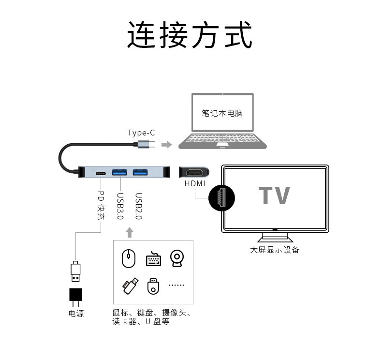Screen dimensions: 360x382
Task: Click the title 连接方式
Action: (x=190, y=35)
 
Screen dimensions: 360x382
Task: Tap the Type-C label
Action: (x=141, y=133)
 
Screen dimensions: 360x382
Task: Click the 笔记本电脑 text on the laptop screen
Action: (x=222, y=114)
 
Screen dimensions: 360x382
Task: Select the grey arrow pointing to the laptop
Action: (x=166, y=145)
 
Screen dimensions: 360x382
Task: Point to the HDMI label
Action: (x=195, y=184)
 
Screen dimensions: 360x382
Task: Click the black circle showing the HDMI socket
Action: (x=221, y=198)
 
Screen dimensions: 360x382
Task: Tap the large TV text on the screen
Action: (x=274, y=195)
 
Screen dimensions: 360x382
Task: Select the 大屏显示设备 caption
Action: (x=274, y=250)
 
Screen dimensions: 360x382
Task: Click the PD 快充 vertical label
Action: (x=101, y=205)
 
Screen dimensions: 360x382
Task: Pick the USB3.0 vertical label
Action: (x=120, y=207)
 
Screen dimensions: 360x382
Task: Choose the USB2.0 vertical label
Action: (x=138, y=207)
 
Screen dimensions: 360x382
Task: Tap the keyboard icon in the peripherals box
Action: (x=153, y=259)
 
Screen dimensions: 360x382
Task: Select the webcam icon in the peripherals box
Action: (x=176, y=258)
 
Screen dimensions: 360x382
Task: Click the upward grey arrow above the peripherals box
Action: (x=129, y=233)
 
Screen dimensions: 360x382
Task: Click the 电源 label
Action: (x=76, y=314)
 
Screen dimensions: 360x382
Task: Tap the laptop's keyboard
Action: (x=222, y=140)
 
